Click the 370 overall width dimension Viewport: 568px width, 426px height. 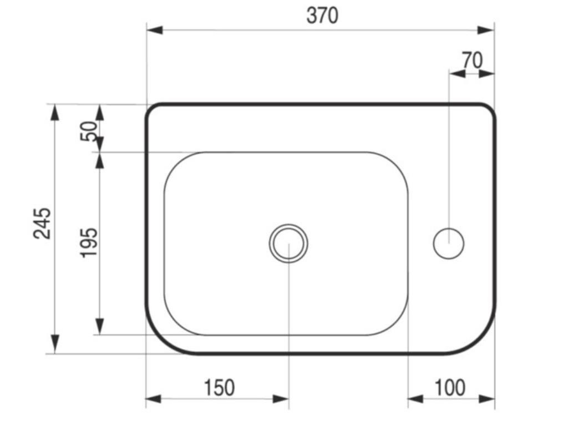pyautogui.click(x=322, y=16)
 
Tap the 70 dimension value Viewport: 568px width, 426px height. pyautogui.click(x=472, y=60)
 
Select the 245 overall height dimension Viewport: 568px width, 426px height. pyautogui.click(x=43, y=223)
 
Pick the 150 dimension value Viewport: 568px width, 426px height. pyautogui.click(x=219, y=388)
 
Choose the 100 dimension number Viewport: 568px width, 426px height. pyautogui.click(x=449, y=388)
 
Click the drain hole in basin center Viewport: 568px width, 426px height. pyautogui.click(x=288, y=243)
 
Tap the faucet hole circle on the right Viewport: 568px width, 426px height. pyautogui.click(x=448, y=243)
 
